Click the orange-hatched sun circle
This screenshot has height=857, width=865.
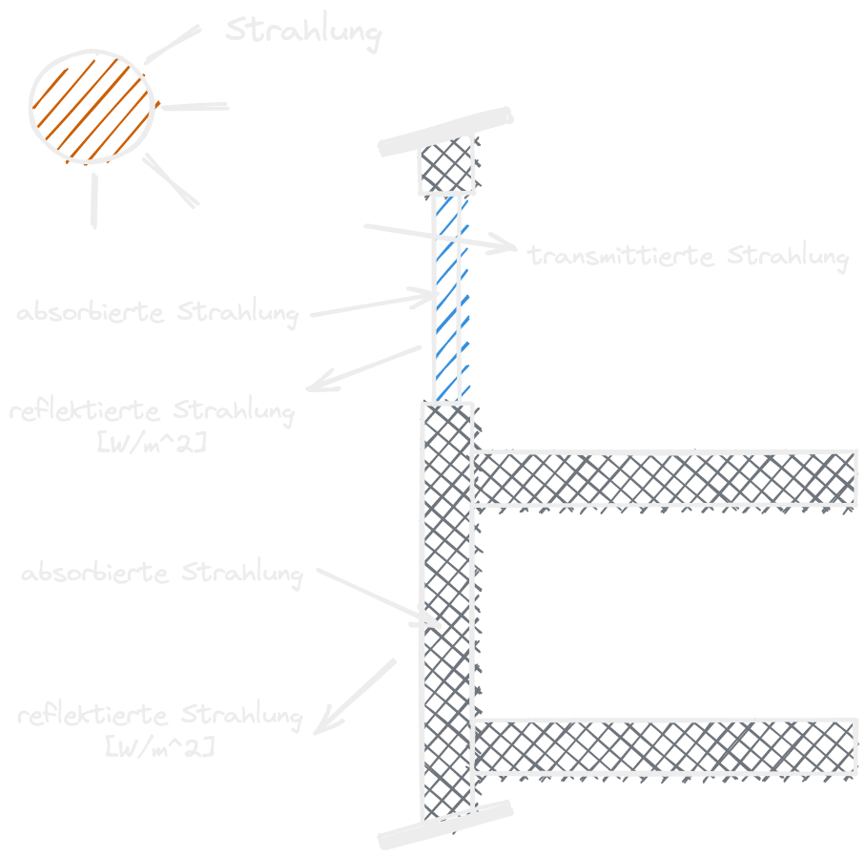(92, 105)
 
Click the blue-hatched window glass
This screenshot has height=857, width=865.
(447, 296)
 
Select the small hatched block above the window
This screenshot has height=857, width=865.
(448, 165)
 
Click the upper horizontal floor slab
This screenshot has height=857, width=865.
(665, 478)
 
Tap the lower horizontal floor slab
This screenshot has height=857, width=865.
(665, 745)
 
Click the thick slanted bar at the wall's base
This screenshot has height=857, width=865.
(446, 824)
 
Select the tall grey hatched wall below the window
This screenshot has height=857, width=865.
(447, 611)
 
